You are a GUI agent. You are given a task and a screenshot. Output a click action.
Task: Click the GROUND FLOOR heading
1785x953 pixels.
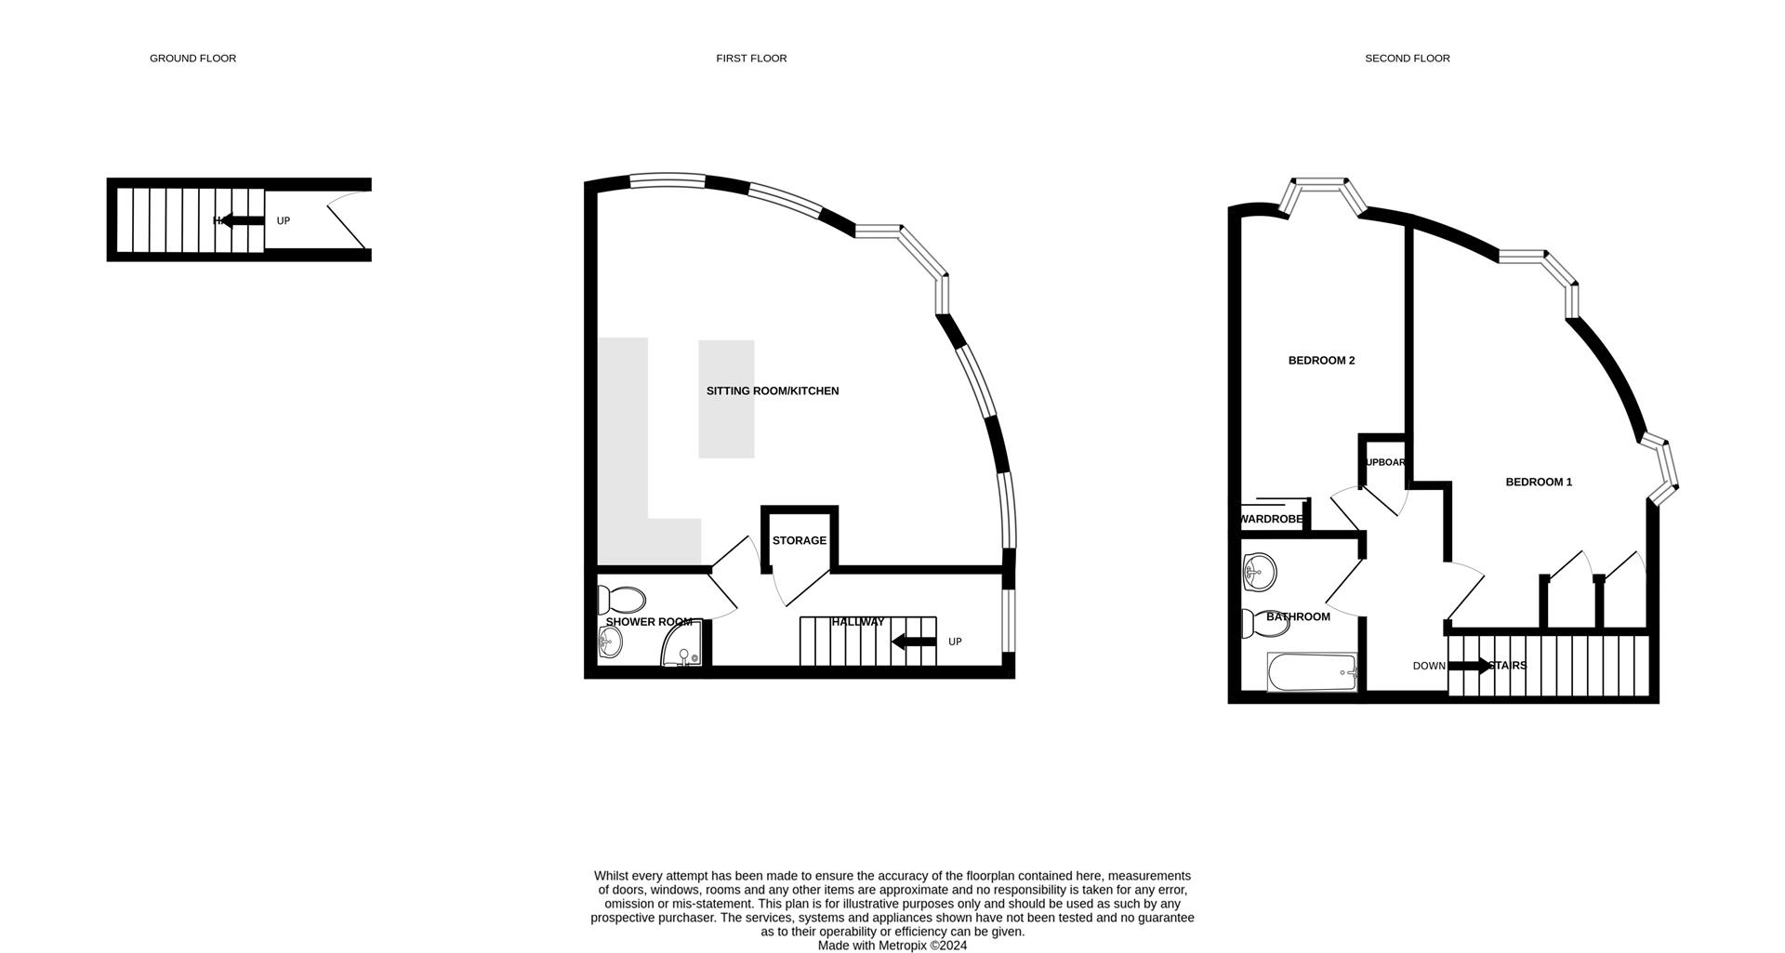point(192,59)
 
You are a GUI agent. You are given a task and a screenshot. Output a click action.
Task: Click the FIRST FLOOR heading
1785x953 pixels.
point(751,59)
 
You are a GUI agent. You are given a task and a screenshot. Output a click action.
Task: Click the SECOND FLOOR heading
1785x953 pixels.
point(1407,59)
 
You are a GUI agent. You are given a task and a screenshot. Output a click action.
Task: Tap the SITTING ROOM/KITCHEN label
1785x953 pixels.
point(773,391)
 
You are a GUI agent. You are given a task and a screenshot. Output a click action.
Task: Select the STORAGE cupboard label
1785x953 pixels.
point(799,541)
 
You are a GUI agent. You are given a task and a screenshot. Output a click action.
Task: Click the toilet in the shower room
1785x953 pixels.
point(622,600)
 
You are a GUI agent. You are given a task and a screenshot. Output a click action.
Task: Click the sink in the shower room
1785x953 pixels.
point(610,640)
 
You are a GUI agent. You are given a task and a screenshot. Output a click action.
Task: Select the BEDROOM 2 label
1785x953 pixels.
point(1321,361)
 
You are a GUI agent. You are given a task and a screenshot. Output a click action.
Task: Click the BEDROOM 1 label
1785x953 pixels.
point(1539,483)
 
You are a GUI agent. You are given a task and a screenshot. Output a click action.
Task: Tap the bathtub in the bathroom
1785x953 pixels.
point(1312,672)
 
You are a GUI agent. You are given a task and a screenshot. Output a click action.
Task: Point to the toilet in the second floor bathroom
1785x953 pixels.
point(1265,624)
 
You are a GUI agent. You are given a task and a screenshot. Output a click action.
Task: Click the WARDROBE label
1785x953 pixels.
point(1272,520)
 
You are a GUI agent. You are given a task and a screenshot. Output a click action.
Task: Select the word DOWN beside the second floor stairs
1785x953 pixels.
point(1429,667)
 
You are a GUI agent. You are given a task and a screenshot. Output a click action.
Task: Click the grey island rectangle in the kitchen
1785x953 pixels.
point(726,399)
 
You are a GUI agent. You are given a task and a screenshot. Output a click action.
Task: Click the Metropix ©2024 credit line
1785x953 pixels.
point(892,946)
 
